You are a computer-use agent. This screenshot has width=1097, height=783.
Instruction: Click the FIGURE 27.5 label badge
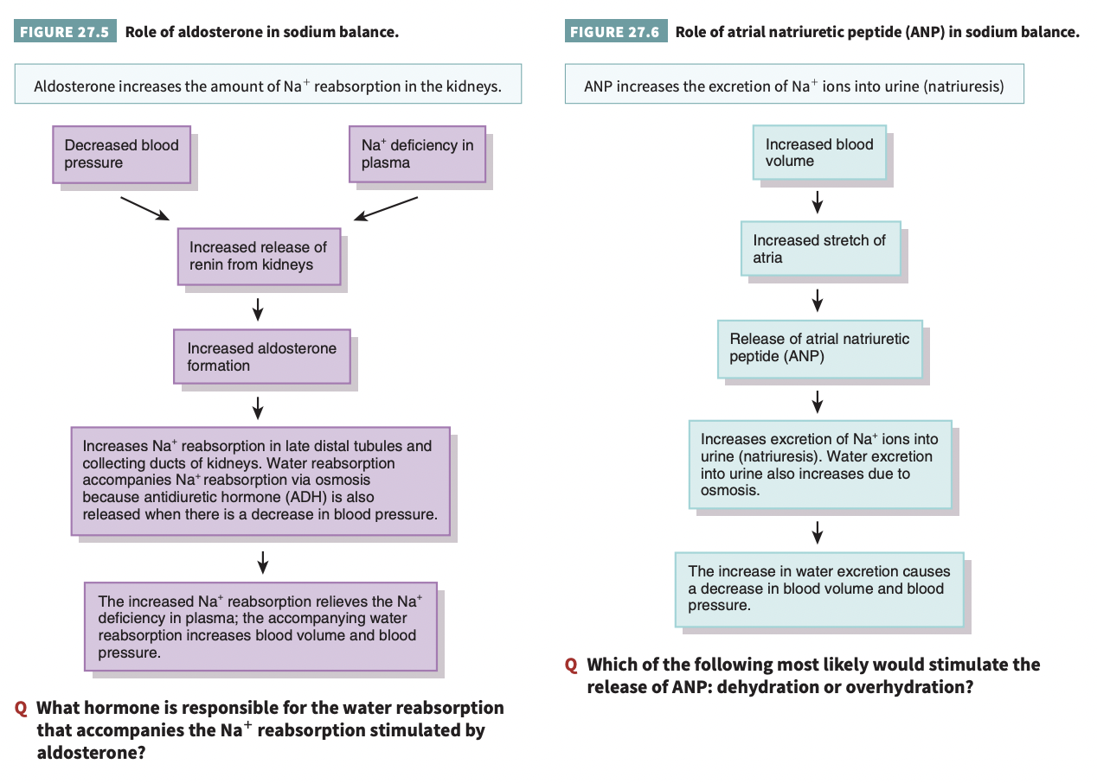tap(66, 33)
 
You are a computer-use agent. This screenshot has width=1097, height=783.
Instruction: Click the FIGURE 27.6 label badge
tap(616, 33)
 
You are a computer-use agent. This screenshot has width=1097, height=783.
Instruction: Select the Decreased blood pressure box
tap(121, 154)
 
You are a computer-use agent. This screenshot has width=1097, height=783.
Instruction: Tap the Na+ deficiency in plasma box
tap(417, 154)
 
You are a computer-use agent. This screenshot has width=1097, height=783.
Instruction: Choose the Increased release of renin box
tap(258, 256)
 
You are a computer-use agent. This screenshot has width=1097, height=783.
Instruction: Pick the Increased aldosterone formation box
tap(261, 356)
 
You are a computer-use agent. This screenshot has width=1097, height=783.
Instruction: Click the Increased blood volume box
tap(818, 153)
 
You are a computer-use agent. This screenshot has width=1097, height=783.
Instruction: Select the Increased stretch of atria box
tap(819, 249)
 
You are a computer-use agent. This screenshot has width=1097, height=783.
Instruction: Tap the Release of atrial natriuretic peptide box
tap(819, 349)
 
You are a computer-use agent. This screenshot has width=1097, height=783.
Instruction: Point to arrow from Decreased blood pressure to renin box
tap(144, 208)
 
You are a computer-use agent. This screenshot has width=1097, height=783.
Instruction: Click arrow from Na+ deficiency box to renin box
tap(386, 208)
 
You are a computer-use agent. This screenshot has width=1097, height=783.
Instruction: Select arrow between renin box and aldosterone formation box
tap(258, 308)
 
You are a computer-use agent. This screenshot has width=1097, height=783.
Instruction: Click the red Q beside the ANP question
tap(571, 665)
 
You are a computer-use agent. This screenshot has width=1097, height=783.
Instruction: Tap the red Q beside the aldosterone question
tap(21, 709)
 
